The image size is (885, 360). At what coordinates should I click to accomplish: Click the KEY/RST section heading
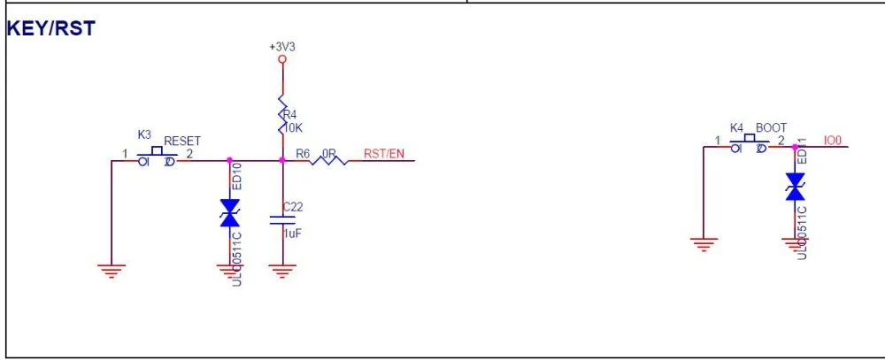click(50, 28)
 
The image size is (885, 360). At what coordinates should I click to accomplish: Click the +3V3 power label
click(281, 45)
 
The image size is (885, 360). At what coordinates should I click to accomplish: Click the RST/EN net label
click(383, 154)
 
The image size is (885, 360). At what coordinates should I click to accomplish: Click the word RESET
click(181, 141)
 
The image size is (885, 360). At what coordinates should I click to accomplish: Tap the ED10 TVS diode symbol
click(230, 213)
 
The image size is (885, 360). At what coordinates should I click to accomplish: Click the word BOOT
click(771, 128)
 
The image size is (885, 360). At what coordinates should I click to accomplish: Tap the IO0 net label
click(832, 140)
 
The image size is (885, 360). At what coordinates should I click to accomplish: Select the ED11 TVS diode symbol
click(795, 188)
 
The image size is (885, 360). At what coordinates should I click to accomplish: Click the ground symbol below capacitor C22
click(282, 271)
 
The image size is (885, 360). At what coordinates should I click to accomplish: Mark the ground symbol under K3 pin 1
click(111, 271)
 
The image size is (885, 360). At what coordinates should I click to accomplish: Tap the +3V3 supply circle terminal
click(281, 59)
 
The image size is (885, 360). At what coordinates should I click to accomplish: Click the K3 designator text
click(144, 134)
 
